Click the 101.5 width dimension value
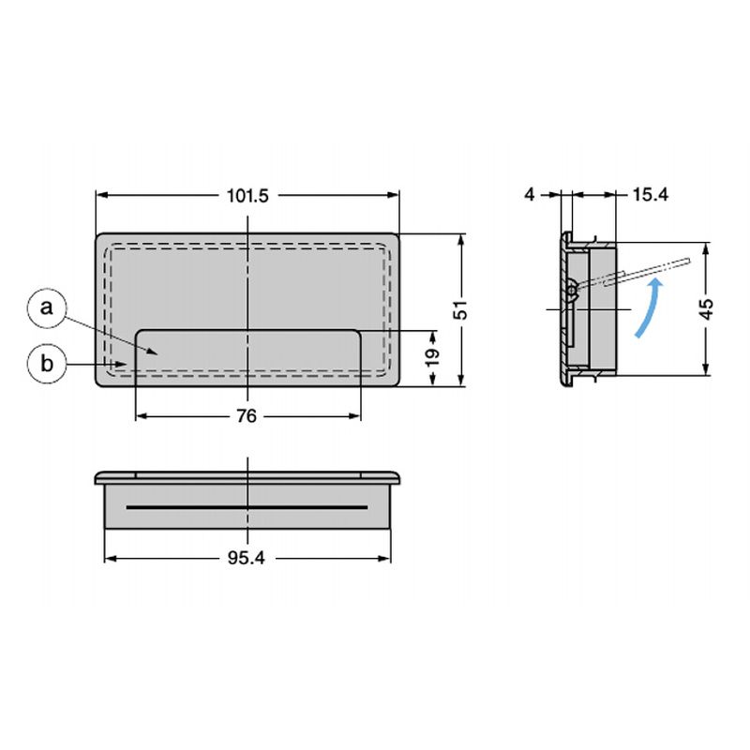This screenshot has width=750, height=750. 247,196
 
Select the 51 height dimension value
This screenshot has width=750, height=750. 460,310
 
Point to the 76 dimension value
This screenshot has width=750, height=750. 247,416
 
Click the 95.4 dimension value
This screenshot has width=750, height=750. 246,558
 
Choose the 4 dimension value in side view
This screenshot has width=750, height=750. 530,195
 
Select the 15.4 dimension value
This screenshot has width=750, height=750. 650,195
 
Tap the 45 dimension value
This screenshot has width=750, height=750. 708,308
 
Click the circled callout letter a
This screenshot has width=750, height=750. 46,307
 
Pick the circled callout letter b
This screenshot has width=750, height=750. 46,364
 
